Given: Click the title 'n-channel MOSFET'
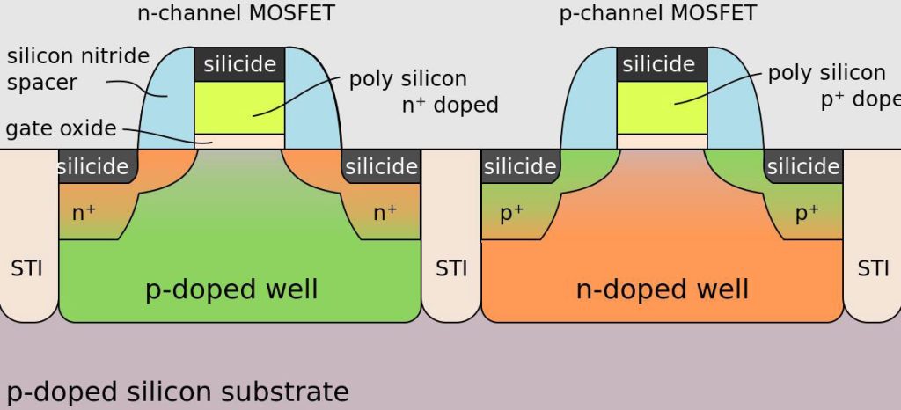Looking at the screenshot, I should (236, 13).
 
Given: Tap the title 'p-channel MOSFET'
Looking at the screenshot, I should (658, 13).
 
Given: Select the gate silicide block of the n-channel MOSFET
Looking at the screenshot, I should (239, 64).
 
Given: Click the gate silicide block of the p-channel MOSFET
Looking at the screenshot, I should (661, 64).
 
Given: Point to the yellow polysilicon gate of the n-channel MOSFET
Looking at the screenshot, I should (239, 106).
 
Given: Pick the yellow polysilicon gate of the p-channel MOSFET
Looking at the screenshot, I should (661, 106).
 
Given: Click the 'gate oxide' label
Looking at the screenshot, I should (62, 128).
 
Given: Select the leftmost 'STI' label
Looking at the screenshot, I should (26, 267).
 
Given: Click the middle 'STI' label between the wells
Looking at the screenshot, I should (451, 267).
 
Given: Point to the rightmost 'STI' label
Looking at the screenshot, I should (873, 267).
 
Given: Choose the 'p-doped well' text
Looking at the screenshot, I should (231, 289).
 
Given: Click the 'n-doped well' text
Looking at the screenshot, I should (663, 289).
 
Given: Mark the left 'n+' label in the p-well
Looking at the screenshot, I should (84, 212).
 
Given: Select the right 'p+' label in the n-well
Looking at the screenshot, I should (806, 212).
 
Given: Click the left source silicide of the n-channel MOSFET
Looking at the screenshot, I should (95, 166).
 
